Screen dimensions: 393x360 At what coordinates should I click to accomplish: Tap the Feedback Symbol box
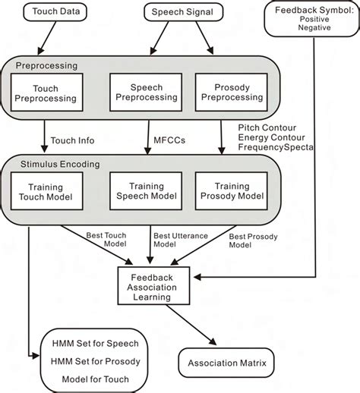coord(309,17)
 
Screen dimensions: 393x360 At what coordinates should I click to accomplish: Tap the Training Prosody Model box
coord(225,192)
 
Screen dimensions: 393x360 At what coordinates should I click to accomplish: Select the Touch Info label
coord(74,140)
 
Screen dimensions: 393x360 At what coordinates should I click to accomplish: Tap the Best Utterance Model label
coord(179,241)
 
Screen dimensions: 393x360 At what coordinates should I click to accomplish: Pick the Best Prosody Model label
coord(254,241)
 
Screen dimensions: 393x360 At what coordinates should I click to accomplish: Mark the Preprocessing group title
coord(44,66)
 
